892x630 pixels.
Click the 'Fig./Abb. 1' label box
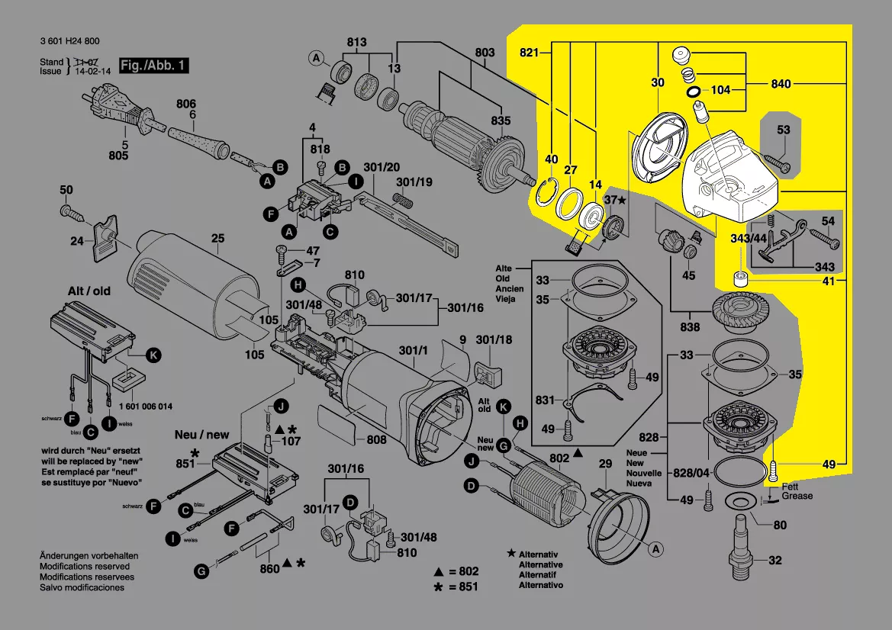point(153,66)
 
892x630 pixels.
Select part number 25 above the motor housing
point(217,239)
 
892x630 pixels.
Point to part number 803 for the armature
point(485,52)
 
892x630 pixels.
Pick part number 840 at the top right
point(781,85)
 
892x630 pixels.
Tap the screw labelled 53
point(777,162)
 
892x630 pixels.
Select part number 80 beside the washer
point(780,525)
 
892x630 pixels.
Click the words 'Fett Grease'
point(797,491)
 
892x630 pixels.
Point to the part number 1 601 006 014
point(145,406)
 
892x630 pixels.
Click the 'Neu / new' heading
point(201,435)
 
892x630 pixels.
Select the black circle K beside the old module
point(153,355)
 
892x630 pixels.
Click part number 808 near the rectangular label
point(376,439)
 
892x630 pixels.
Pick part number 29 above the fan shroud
point(605,464)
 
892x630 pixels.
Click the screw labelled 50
point(66,189)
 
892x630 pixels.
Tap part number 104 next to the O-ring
point(720,90)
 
